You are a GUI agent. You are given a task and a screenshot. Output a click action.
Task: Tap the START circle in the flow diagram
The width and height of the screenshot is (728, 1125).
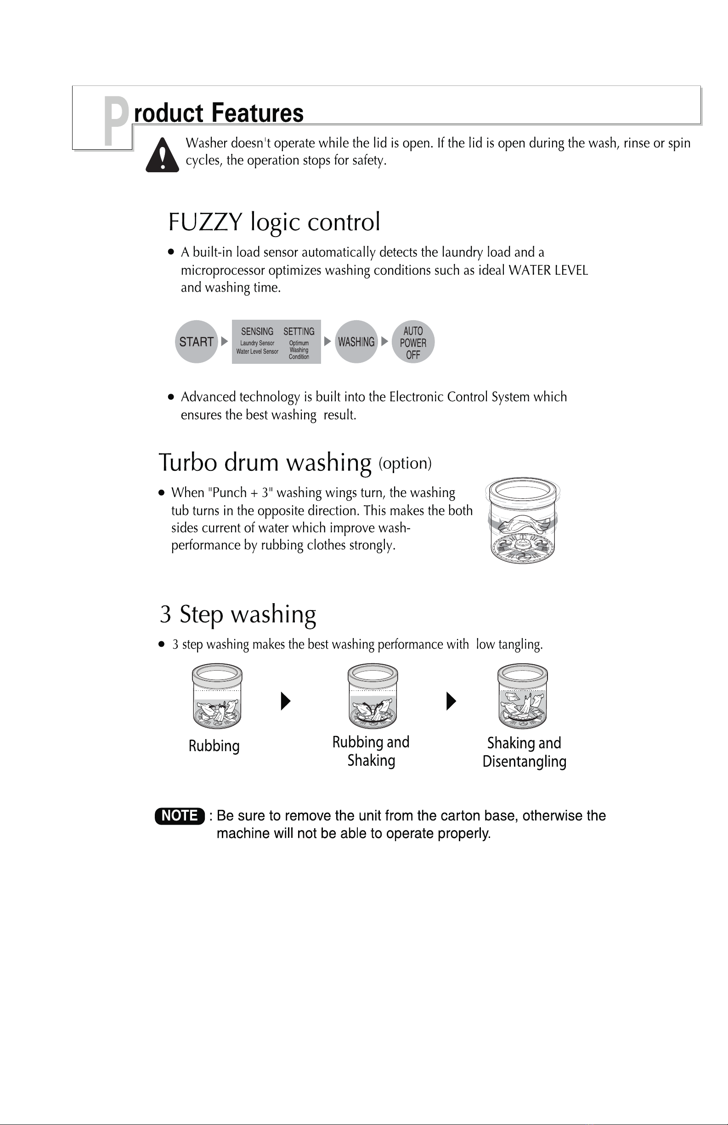coord(196,342)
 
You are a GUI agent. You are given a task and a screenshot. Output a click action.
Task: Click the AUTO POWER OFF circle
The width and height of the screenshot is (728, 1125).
coord(413,342)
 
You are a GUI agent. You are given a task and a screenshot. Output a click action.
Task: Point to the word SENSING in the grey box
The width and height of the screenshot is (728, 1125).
coord(257,331)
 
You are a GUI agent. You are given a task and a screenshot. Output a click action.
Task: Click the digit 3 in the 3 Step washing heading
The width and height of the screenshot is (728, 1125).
coord(165,615)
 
